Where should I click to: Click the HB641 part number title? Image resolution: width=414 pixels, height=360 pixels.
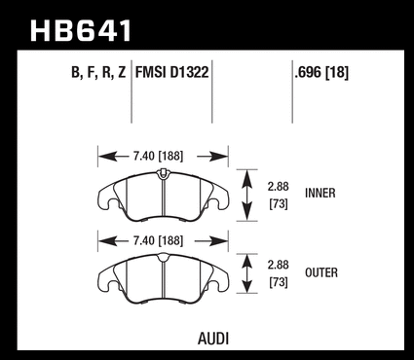point(81,30)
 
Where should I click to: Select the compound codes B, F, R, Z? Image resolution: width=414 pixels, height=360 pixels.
point(98,72)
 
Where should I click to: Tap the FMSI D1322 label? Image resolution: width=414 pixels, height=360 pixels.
point(171,72)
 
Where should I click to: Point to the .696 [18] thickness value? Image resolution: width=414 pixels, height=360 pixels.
point(321,72)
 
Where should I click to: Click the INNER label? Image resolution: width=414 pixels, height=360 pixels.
point(320,194)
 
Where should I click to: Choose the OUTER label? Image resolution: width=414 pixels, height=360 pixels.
point(321,272)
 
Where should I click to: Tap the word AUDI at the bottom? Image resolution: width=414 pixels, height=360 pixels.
point(213,339)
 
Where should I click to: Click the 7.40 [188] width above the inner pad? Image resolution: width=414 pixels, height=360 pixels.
point(158,156)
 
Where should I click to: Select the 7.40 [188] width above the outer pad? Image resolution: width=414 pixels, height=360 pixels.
point(158,240)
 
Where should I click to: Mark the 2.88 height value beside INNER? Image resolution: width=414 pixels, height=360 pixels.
point(279,187)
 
